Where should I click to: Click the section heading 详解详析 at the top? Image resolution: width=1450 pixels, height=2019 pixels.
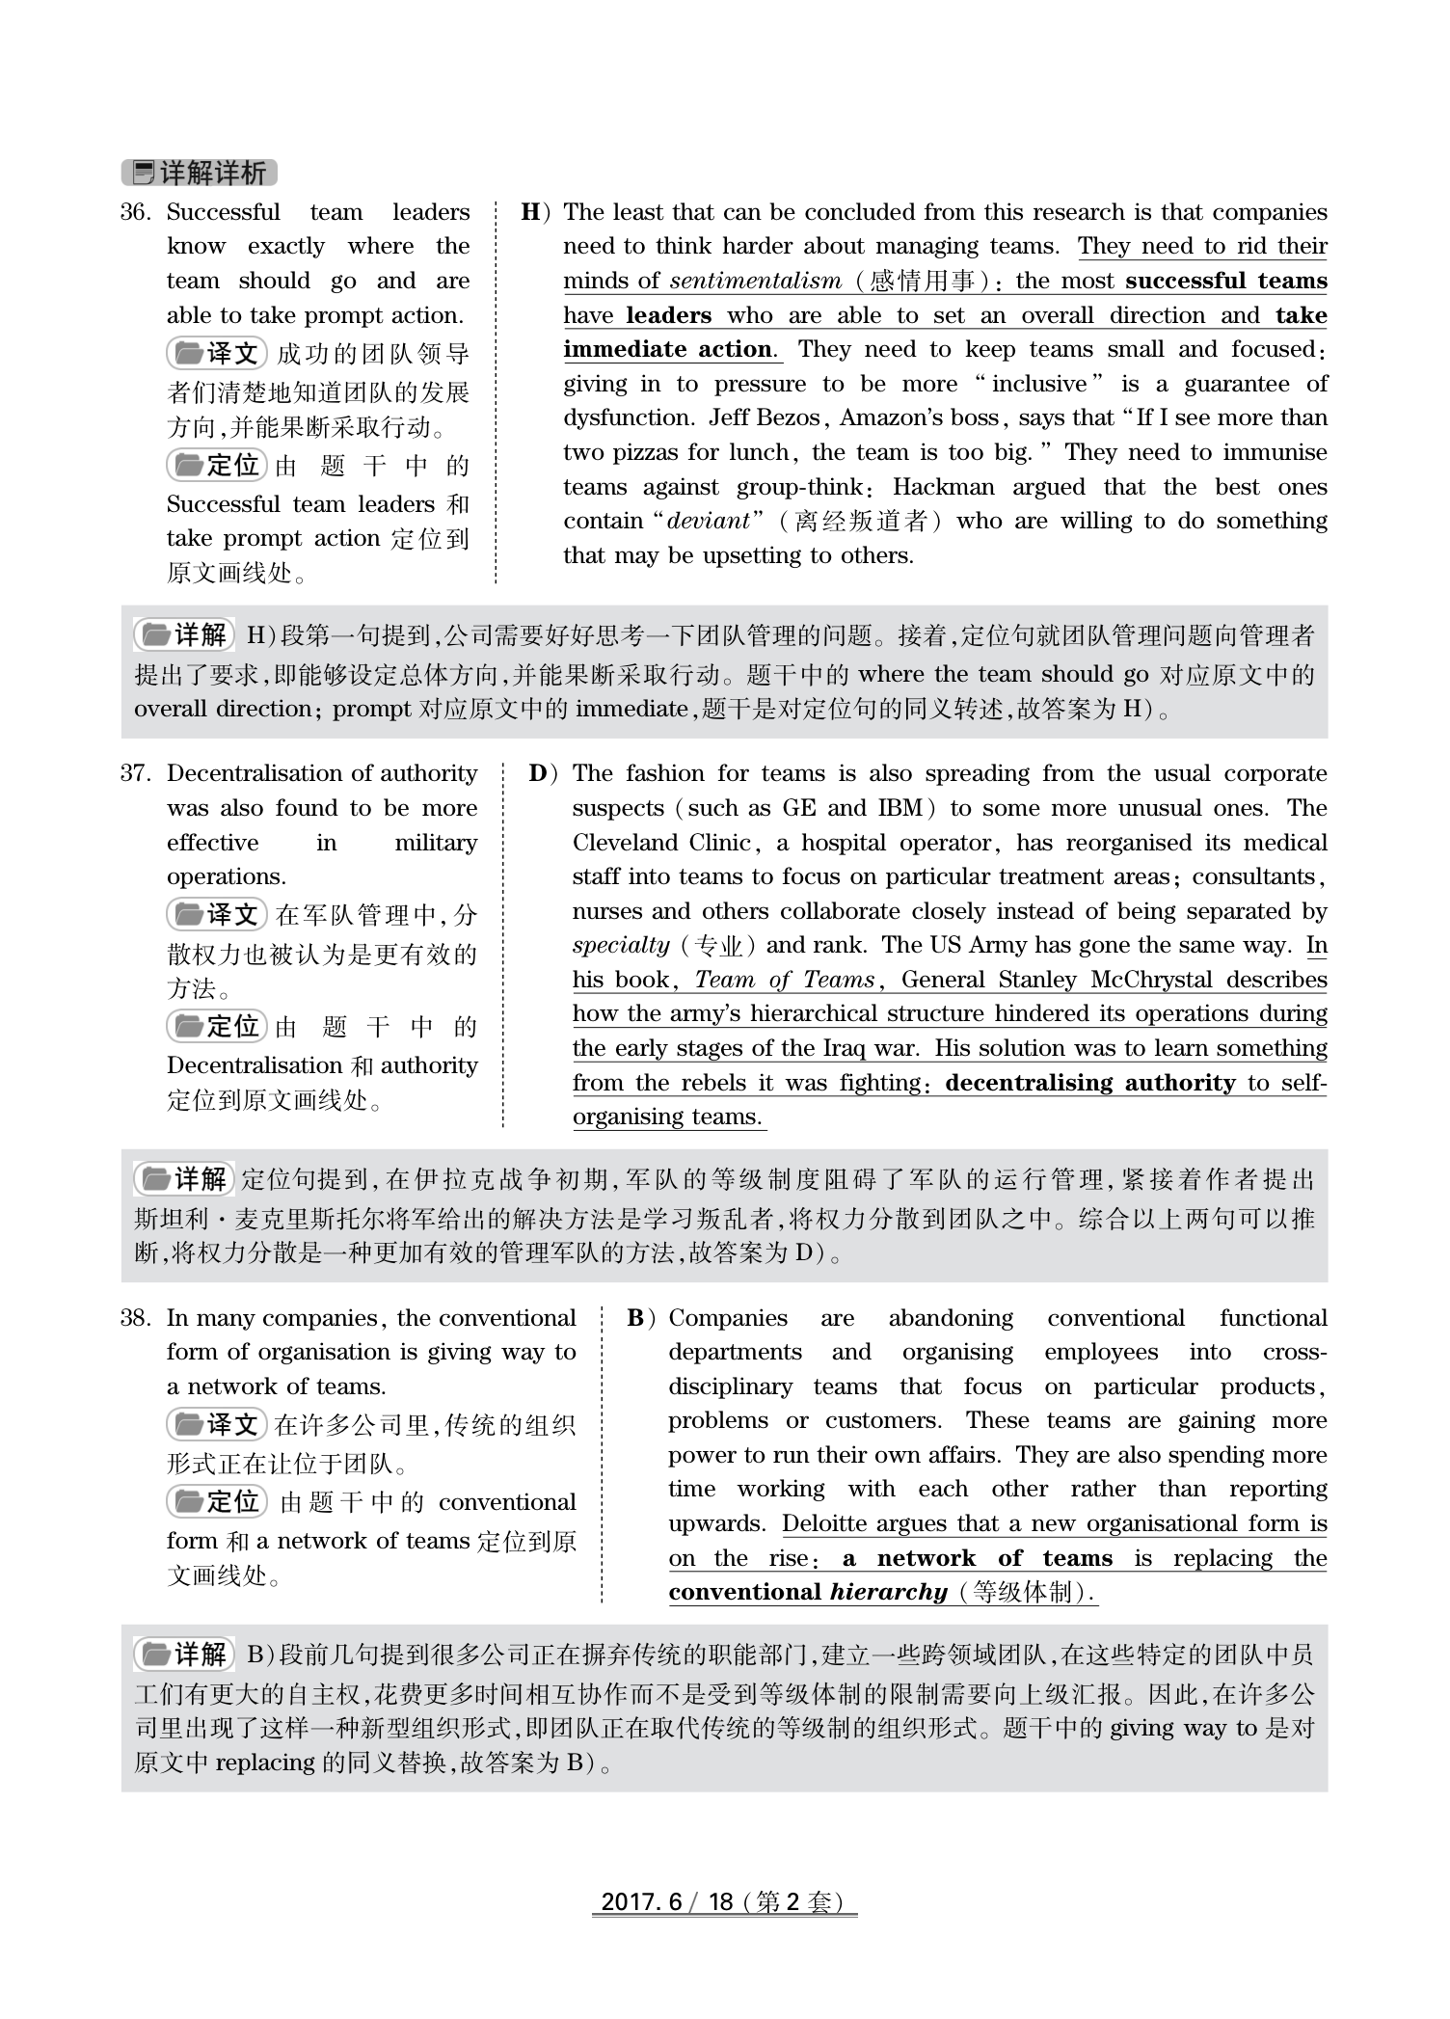pos(200,173)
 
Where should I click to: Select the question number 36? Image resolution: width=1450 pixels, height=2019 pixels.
pos(135,212)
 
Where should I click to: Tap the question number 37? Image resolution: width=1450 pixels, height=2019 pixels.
pos(135,773)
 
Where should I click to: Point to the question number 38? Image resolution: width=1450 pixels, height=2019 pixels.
pos(135,1318)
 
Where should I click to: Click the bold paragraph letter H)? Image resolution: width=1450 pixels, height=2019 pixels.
pos(536,212)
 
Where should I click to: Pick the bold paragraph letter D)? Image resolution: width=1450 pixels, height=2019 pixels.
pos(544,773)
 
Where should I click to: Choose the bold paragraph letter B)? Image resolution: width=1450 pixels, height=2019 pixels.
pos(640,1318)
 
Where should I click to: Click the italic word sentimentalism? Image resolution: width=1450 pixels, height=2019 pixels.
pos(755,282)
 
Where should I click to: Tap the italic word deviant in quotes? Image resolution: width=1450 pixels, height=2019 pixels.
pos(708,522)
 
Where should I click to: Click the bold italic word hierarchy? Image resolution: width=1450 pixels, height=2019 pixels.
pos(889,1592)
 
